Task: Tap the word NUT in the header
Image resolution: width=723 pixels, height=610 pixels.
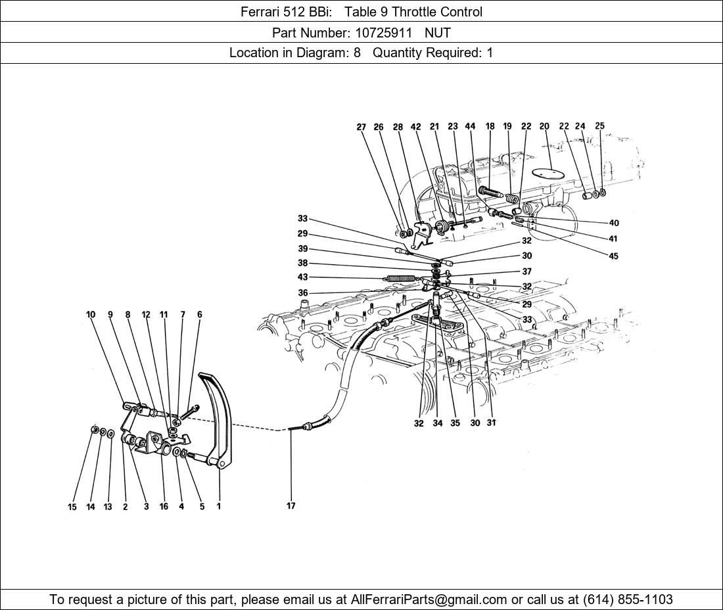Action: tap(437, 32)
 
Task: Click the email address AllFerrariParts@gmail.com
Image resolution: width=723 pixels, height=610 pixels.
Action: tap(429, 599)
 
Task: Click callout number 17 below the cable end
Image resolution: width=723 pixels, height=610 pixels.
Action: tap(291, 505)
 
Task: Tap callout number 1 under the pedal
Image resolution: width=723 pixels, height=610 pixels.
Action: tap(218, 506)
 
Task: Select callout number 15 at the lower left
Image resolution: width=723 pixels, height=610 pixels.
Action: tap(72, 507)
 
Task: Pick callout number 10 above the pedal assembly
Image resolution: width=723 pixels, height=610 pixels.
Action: tap(91, 314)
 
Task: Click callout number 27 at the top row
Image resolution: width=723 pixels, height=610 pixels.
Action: tap(361, 128)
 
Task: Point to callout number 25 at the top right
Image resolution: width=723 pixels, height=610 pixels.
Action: tap(599, 126)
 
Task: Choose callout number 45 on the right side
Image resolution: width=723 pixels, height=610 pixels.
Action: tap(613, 256)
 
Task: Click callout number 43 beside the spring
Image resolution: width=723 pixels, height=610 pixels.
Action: tap(302, 277)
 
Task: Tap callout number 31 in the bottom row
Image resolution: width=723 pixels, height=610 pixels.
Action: tap(491, 423)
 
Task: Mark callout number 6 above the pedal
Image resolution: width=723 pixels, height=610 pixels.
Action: tap(200, 314)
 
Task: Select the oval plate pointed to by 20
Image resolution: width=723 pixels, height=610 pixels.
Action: tap(548, 172)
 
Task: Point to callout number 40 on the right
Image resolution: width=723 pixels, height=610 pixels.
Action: tap(614, 223)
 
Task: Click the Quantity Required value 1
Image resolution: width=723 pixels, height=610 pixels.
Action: tap(490, 53)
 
